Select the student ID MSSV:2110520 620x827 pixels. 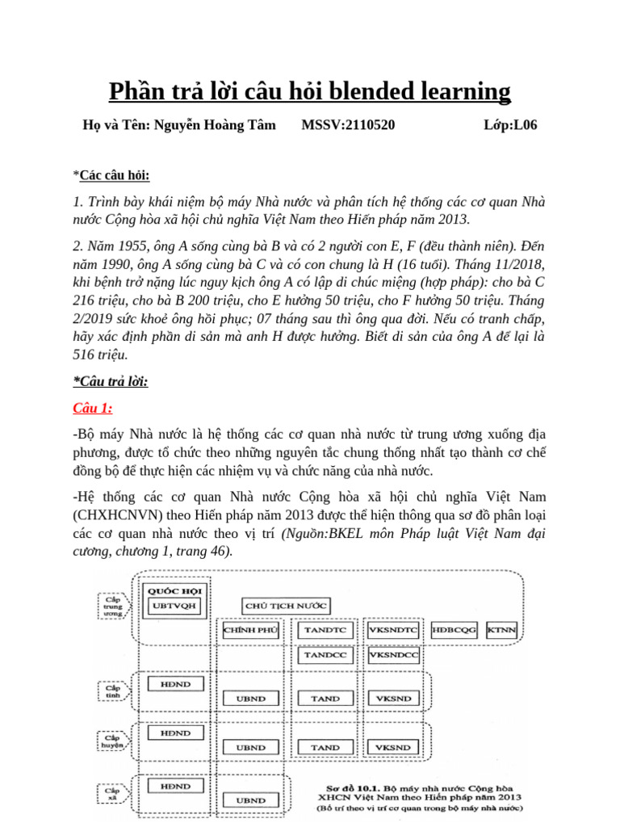[x=348, y=124]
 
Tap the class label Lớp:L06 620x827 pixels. [x=509, y=124]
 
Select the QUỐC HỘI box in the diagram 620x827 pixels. [x=174, y=590]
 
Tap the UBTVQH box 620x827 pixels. [x=174, y=607]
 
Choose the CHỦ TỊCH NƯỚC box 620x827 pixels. [x=285, y=606]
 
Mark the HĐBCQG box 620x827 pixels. [x=455, y=630]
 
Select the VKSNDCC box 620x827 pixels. [x=394, y=656]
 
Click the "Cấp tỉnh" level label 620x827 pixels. [x=111, y=691]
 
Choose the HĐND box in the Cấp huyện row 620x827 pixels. [x=175, y=733]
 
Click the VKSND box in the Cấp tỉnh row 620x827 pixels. [x=394, y=699]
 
